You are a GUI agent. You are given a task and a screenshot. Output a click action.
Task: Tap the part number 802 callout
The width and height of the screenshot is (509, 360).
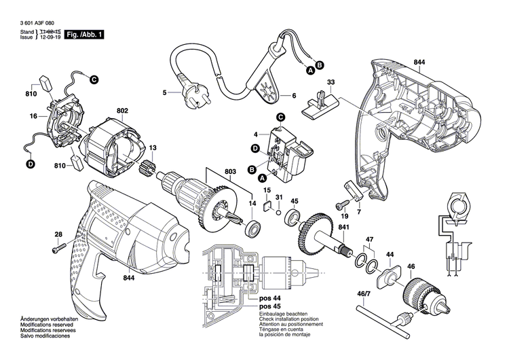click(x=122, y=110)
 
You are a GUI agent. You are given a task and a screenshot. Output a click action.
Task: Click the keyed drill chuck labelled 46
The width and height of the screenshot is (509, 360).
click(x=420, y=294)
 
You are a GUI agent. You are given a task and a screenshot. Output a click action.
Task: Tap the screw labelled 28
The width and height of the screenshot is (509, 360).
click(x=56, y=249)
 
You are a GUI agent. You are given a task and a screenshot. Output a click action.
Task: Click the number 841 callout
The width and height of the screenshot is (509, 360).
click(x=343, y=227)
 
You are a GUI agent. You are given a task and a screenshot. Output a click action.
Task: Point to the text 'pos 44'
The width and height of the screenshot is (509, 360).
click(x=270, y=298)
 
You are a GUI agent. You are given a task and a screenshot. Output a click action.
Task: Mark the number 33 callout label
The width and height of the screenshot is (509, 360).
click(x=331, y=83)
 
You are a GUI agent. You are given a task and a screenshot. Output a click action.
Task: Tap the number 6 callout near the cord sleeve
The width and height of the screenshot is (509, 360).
click(x=295, y=96)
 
